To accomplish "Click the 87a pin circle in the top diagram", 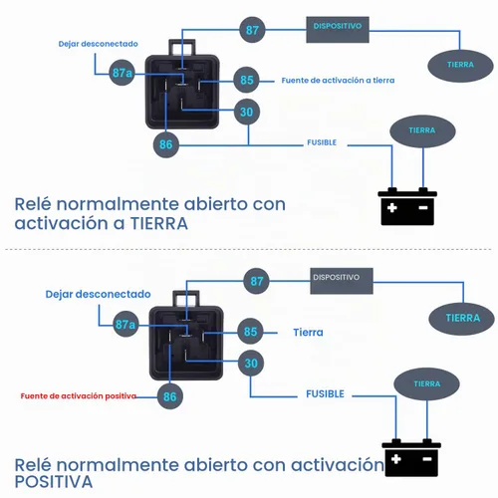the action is coord(122,73).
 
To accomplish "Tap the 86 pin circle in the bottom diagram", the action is coord(169,396).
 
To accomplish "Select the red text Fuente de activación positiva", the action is coord(79,395).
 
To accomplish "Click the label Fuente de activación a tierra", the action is coord(338,81).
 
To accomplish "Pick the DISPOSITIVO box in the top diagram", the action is coord(338,30).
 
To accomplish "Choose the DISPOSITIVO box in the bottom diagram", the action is coord(342,281).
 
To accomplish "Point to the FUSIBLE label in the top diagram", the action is coord(322,142).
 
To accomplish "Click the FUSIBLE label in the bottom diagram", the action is coord(325,394).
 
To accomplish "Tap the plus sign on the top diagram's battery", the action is coord(392,208).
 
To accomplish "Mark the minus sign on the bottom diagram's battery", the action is coord(427,459).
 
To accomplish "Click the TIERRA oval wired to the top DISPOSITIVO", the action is coord(460,66).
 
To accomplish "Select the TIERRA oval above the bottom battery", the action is coord(426,384).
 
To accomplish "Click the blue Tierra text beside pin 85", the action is coord(308,333).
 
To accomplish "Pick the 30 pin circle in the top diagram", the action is coord(247,112).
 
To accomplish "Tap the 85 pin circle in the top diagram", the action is coord(246,80).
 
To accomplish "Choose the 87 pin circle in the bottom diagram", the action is coord(256,281).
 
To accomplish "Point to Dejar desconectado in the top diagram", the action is coord(98,44).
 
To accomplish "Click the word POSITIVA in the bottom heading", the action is coord(54,482).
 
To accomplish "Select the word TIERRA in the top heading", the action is coord(159,223).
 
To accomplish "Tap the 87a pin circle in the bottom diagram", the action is coord(125,324).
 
